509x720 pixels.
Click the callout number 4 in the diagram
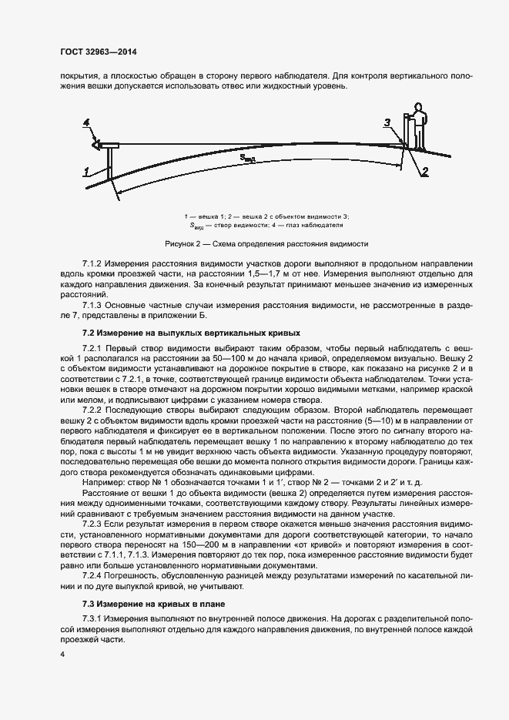click(x=87, y=123)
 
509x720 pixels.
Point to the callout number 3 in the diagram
click(x=387, y=122)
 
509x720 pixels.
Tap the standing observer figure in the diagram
click(x=418, y=127)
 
